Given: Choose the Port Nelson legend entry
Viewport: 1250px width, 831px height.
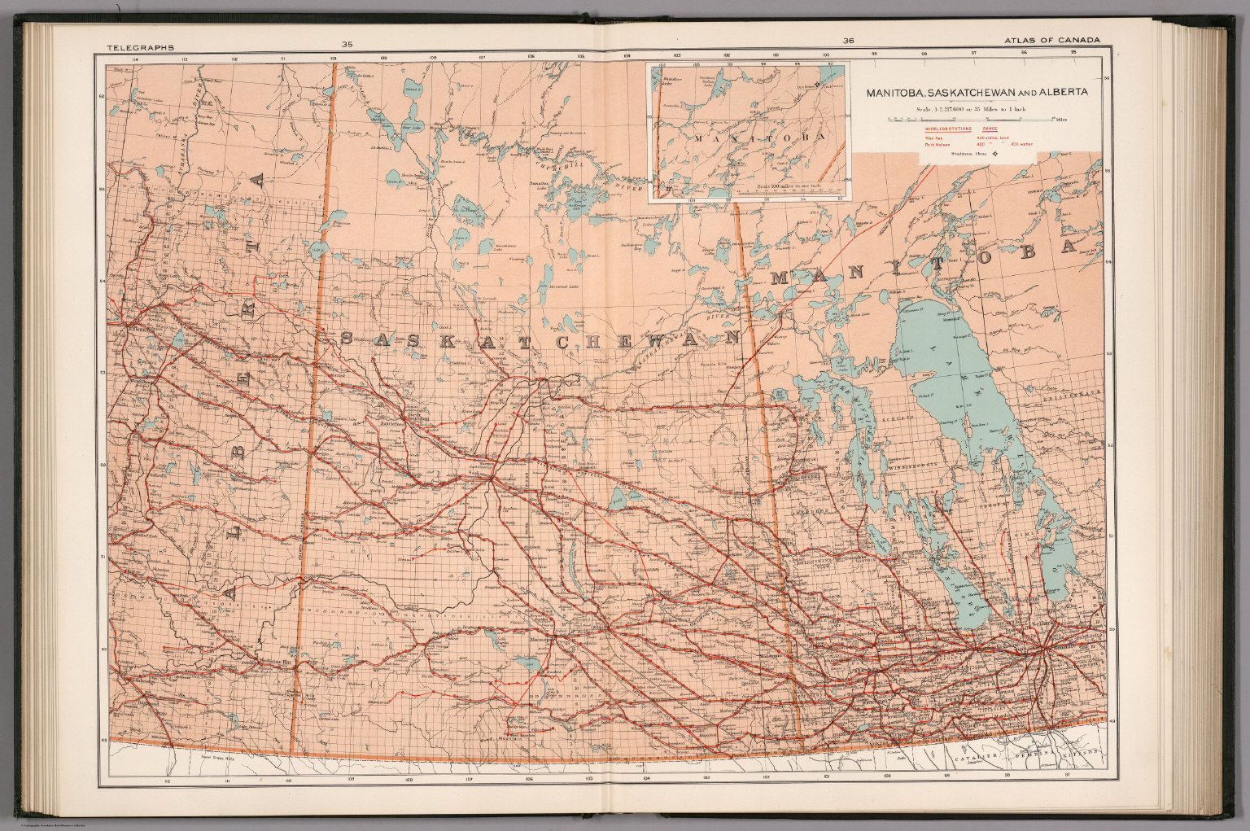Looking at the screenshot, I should (x=938, y=145).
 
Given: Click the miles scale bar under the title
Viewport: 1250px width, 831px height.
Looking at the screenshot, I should (x=968, y=120).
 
